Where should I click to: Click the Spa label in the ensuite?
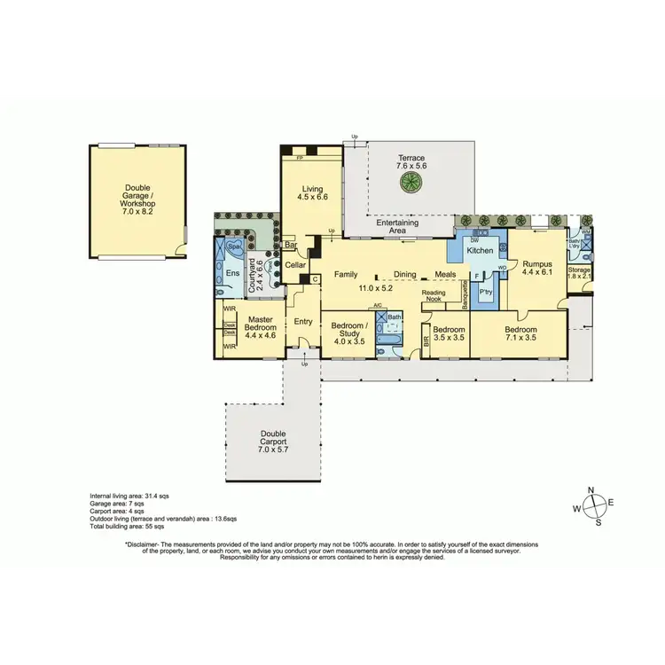(x=234, y=247)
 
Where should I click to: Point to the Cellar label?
(x=294, y=264)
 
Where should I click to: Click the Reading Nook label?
(x=434, y=296)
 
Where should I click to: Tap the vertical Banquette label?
(x=465, y=294)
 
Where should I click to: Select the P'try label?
(x=486, y=291)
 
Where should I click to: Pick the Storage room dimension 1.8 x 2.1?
(x=579, y=276)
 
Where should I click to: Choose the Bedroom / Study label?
(x=349, y=329)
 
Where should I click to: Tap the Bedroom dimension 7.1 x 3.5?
(x=521, y=337)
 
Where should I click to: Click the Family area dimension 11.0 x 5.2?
(x=375, y=288)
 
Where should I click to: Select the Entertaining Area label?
(x=397, y=226)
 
